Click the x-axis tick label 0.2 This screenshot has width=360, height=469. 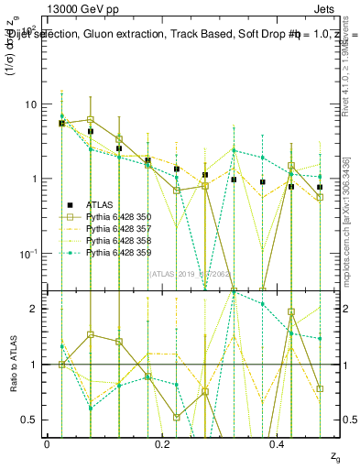tap(162, 443)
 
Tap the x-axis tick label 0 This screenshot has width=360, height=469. tap(47, 443)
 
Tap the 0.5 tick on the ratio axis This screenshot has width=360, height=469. tap(29, 420)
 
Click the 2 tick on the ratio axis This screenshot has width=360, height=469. tap(34, 309)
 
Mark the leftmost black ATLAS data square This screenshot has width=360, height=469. tap(61, 123)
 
